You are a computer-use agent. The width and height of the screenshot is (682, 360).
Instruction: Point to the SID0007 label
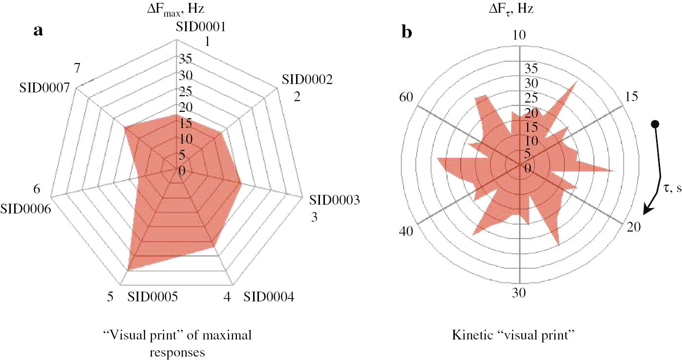44,88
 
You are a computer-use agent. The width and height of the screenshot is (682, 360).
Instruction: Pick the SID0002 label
307,80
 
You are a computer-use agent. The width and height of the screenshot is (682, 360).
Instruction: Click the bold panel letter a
38,32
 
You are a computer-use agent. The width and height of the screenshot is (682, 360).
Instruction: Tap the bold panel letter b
407,32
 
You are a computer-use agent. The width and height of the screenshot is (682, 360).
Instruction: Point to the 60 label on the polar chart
406,97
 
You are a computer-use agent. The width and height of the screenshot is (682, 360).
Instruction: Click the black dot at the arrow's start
656,124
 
